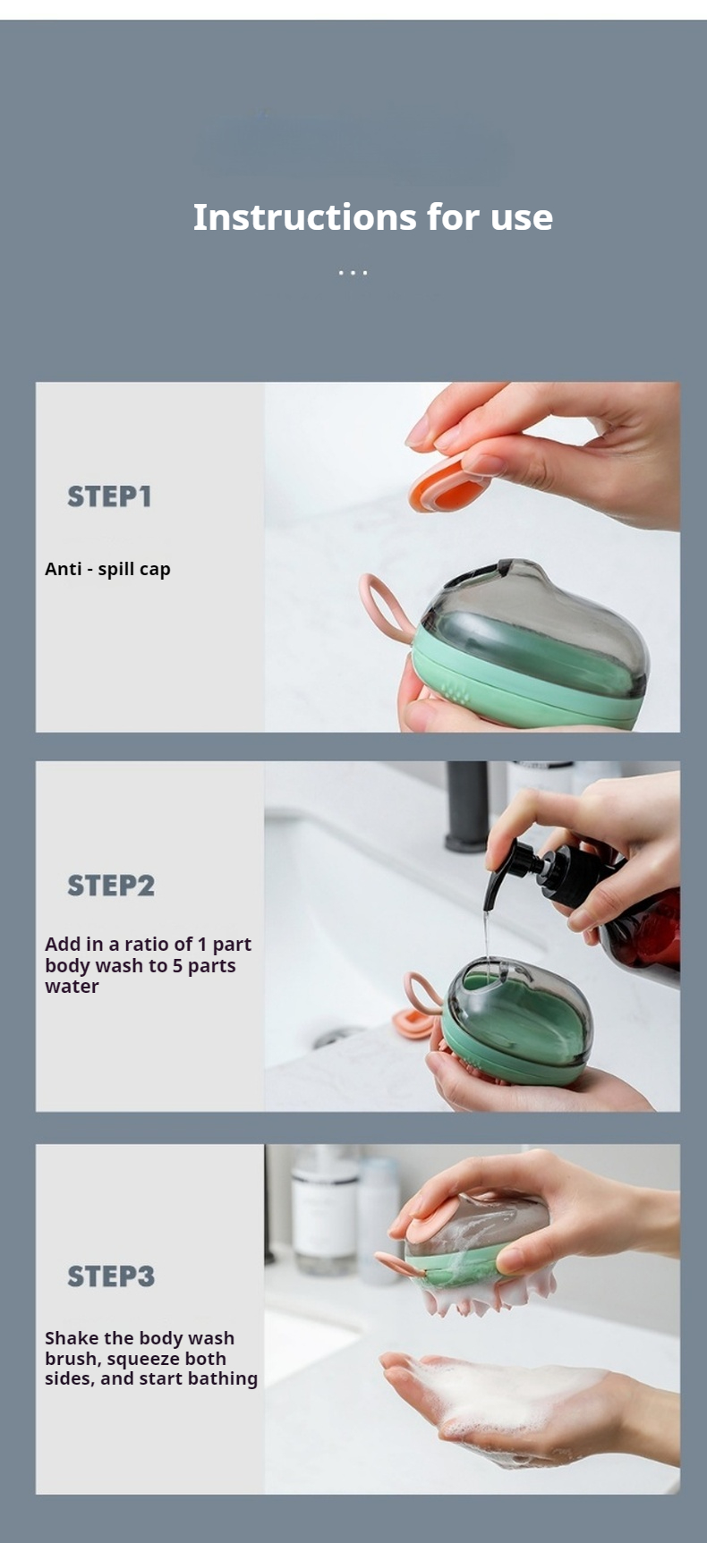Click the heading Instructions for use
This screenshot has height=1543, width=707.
372,217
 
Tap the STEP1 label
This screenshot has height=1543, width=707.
109,496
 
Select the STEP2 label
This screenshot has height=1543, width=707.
111,886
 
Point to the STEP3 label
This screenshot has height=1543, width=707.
111,1276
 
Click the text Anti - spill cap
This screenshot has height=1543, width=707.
107,569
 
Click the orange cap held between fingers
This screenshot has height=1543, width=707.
445,488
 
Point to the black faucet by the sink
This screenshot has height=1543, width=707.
467,805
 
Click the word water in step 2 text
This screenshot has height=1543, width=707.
72,987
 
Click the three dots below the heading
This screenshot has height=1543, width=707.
353,272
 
